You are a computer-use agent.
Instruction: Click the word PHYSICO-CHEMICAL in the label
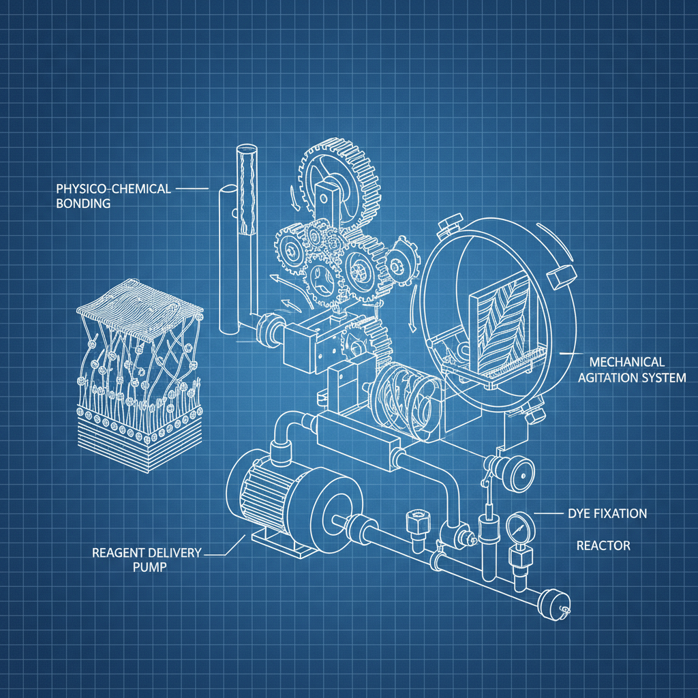(x=114, y=189)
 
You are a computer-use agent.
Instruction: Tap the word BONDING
(x=83, y=203)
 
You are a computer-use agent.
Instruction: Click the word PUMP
(x=150, y=567)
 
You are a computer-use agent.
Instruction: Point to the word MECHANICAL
(x=627, y=362)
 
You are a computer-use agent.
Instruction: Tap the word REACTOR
(x=603, y=546)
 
